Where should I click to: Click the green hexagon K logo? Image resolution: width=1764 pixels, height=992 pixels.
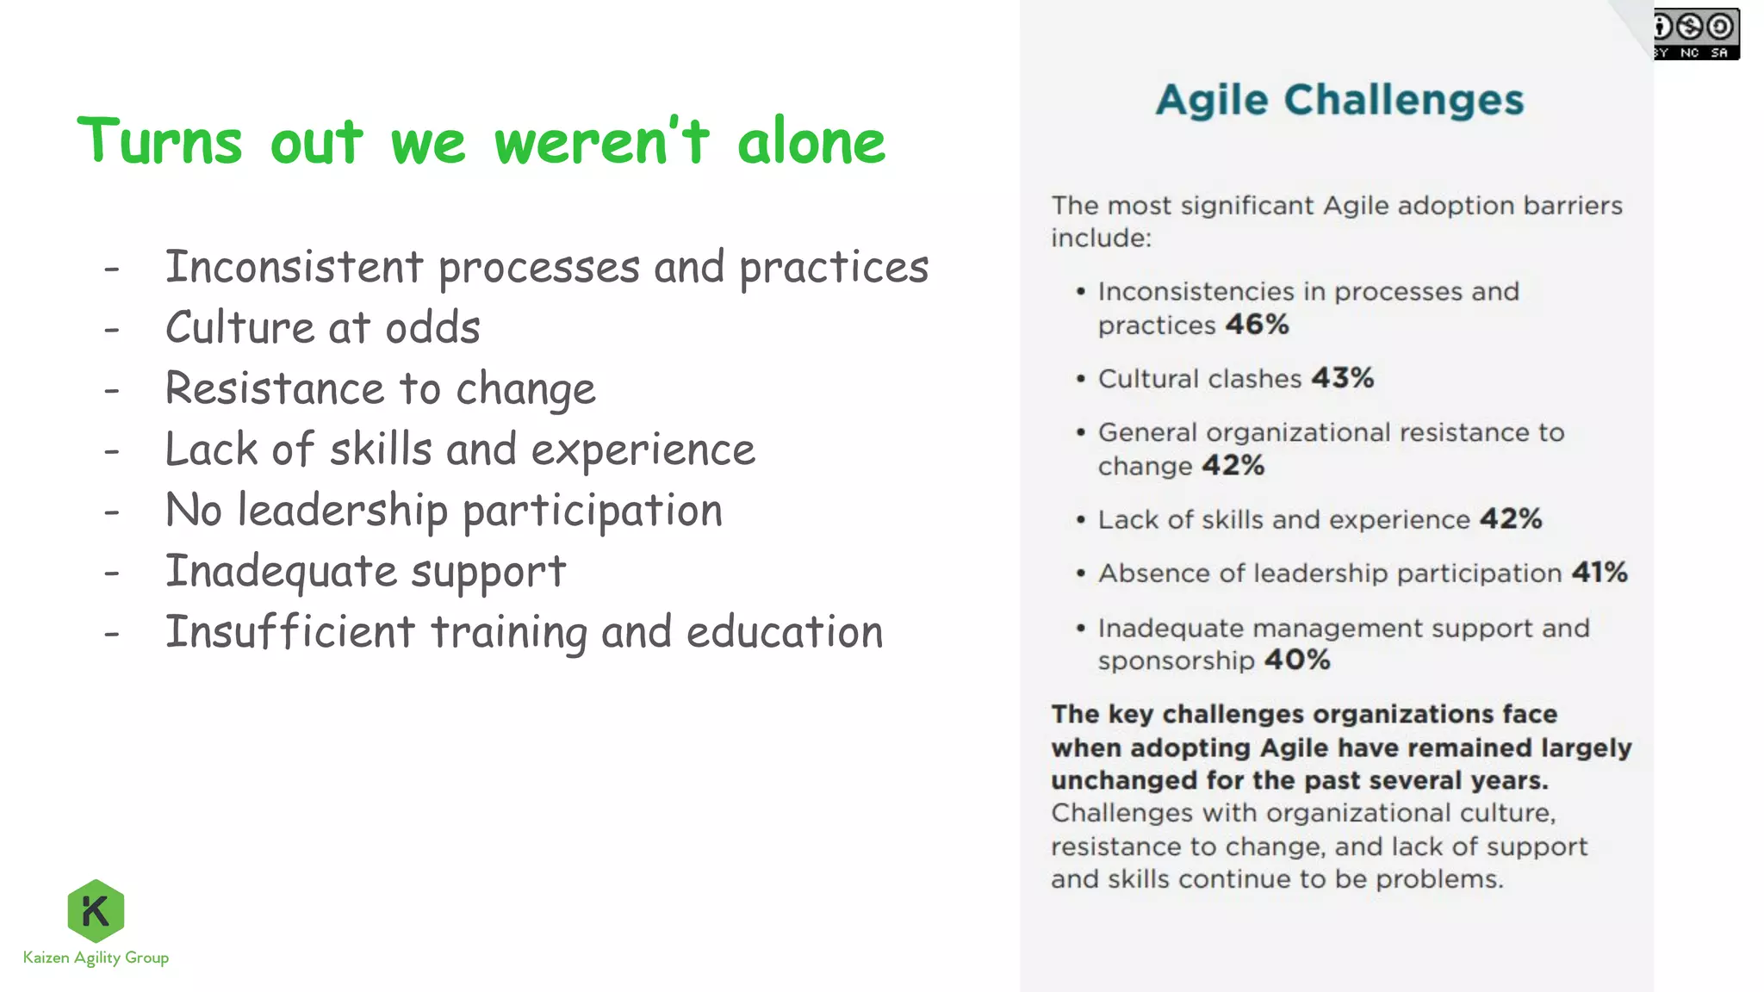pos(96,910)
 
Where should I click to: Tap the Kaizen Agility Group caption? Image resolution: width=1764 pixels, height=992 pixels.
pos(96,958)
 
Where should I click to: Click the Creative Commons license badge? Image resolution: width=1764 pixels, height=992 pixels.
pos(1695,34)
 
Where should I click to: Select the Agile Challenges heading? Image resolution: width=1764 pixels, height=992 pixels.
pos(1339,100)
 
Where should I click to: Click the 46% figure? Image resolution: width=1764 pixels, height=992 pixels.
pos(1257,325)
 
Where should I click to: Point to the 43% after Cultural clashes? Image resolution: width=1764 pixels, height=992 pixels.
pos(1342,378)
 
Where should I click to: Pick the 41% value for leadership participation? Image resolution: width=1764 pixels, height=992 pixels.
pos(1599,573)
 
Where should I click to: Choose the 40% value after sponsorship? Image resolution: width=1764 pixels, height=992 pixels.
pos(1297,660)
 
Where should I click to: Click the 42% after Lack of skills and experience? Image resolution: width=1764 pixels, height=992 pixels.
pos(1511,519)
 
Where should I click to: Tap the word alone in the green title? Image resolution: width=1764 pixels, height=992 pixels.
pos(811,142)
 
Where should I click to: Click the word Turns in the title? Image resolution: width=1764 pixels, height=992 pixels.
pos(160,142)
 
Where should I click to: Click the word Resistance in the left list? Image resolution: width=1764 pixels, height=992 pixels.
pos(273,388)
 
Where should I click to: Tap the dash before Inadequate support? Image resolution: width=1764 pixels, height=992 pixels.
pos(111,573)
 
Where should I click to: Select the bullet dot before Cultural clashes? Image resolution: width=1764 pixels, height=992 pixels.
pos(1080,379)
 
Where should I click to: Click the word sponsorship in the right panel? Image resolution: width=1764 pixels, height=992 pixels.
pos(1176,661)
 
